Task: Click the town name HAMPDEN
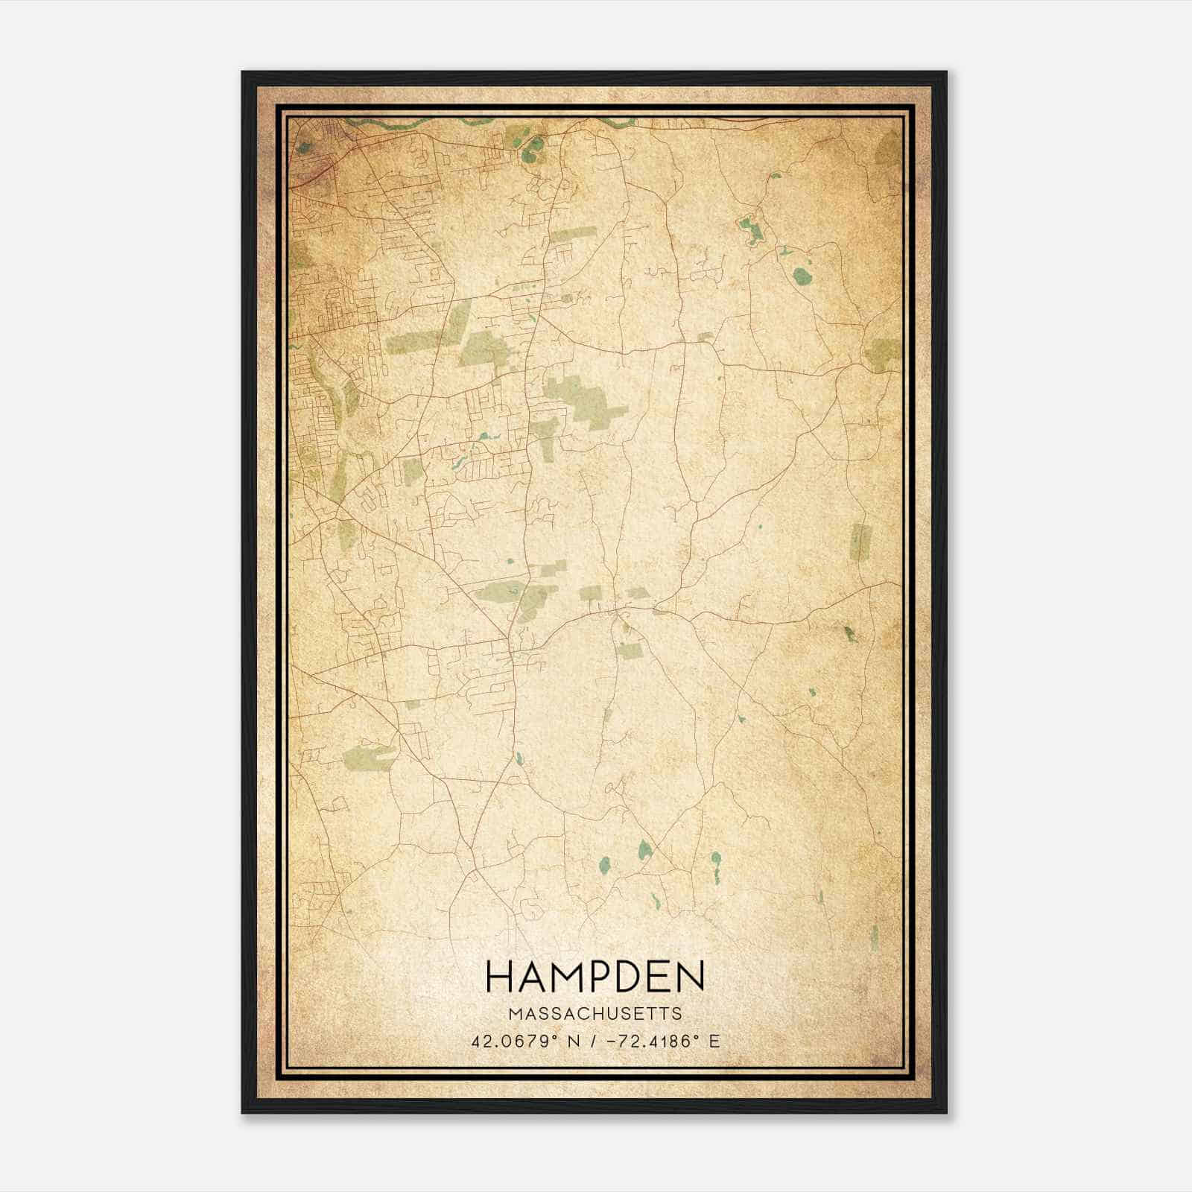(595, 977)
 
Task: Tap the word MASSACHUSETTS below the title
(595, 1014)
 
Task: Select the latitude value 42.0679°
(512, 1042)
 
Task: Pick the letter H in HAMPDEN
(499, 977)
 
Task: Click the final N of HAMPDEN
(689, 977)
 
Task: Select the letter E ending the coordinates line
(715, 1042)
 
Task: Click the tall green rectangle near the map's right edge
(860, 542)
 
